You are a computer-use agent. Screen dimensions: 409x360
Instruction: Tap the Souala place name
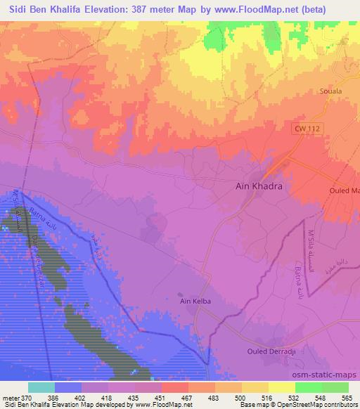click(x=330, y=91)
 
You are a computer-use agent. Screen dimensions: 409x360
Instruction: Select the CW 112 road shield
click(x=307, y=126)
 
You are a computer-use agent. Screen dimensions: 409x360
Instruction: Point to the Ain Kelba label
click(x=195, y=301)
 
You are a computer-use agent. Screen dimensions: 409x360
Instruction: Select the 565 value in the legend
click(x=347, y=397)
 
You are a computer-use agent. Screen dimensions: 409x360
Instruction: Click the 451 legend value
click(x=161, y=397)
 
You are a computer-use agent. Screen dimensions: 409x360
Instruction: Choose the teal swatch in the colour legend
click(x=41, y=387)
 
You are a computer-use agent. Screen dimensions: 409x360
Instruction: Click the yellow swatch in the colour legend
click(x=281, y=387)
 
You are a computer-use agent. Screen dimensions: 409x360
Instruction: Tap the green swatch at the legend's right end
click(x=335, y=387)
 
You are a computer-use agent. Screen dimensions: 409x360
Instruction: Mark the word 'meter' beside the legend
click(x=9, y=397)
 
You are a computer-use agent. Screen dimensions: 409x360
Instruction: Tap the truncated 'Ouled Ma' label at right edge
click(x=345, y=190)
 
